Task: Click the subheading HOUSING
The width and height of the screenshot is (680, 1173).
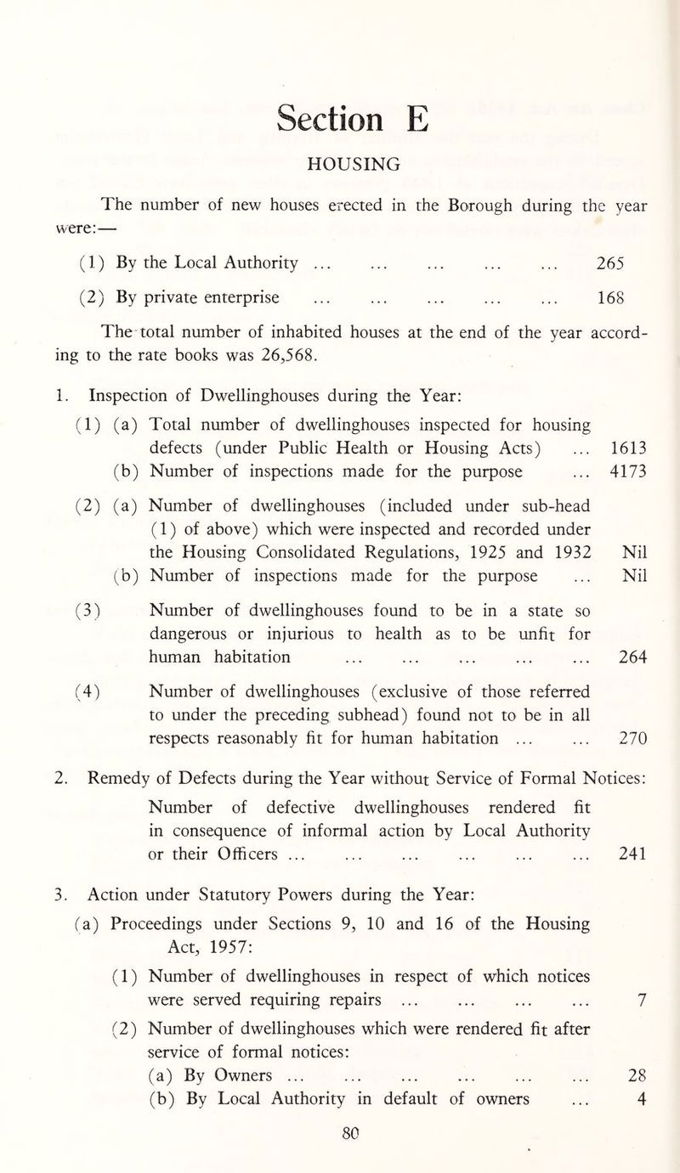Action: point(340,165)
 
